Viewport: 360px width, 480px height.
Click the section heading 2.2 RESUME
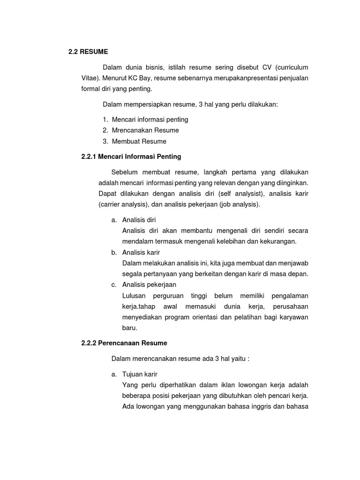tap(88, 52)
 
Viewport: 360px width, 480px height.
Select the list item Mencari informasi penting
tap(150, 120)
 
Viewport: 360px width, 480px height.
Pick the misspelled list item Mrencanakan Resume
tap(145, 130)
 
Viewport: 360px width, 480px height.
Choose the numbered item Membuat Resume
tap(139, 141)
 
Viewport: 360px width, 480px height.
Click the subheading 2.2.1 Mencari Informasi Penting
tap(131, 156)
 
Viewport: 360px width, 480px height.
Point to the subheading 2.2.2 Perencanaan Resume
tap(124, 343)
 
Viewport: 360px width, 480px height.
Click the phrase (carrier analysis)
tap(123, 204)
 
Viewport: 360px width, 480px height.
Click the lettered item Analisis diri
tap(139, 219)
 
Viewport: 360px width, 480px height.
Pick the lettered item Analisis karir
tap(141, 252)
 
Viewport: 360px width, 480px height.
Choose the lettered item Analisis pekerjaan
tap(149, 285)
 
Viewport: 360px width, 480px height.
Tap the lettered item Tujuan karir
tap(140, 374)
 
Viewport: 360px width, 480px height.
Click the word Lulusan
tap(134, 296)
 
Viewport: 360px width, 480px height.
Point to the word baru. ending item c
tap(129, 328)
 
